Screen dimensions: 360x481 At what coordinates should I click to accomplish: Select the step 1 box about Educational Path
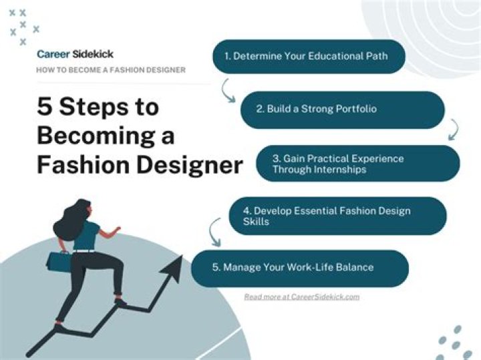click(x=309, y=57)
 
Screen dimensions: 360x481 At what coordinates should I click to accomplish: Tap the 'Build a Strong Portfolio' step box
click(x=342, y=110)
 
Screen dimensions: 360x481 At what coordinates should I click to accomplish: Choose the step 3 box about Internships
click(x=358, y=164)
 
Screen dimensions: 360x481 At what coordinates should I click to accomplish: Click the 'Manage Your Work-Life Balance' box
click(x=300, y=268)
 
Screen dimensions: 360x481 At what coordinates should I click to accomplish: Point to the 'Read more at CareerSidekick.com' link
click(x=301, y=297)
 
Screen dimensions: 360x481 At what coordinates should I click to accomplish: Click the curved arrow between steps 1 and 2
click(x=228, y=90)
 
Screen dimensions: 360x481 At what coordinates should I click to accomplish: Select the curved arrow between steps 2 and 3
click(x=454, y=130)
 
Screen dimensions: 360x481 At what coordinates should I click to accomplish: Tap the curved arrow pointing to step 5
click(x=215, y=232)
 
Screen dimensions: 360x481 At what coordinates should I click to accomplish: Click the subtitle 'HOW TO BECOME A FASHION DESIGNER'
click(x=111, y=70)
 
